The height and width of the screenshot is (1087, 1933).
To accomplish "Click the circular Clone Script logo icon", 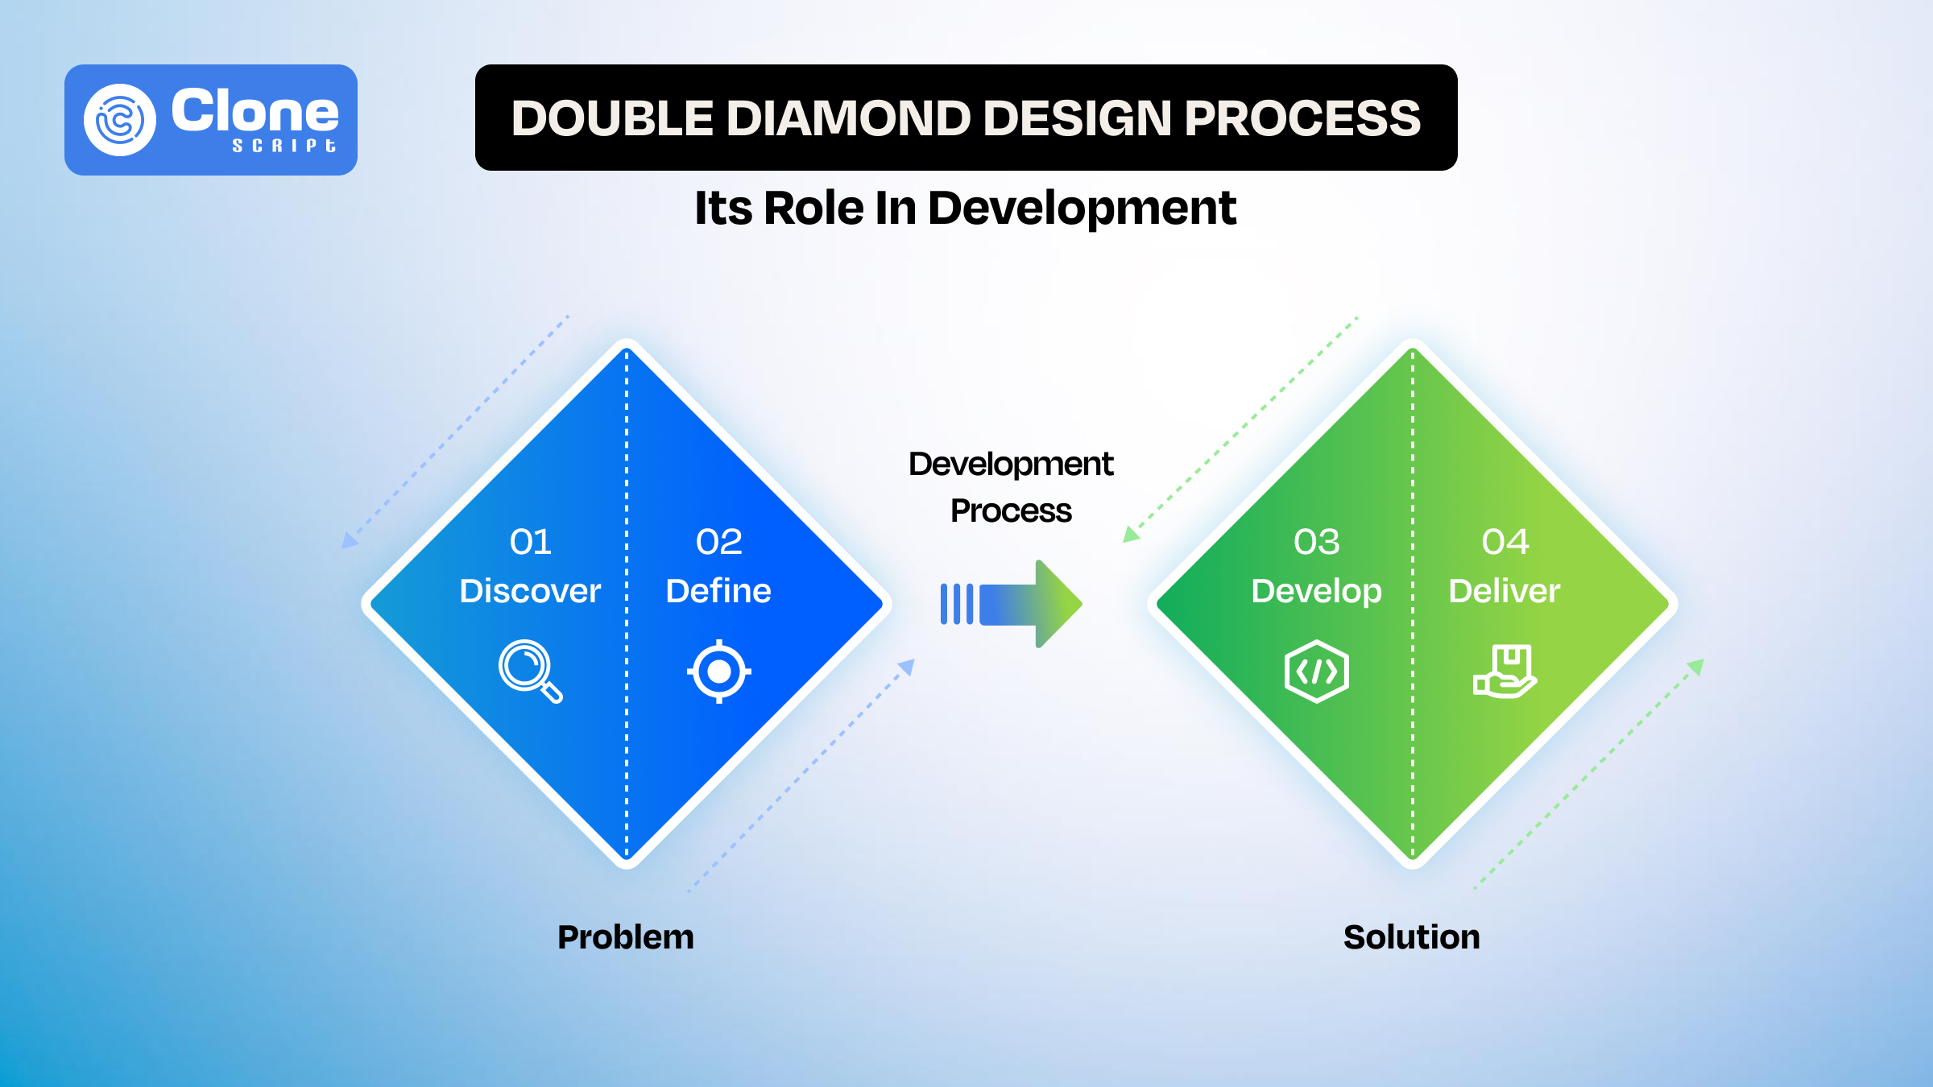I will pos(120,120).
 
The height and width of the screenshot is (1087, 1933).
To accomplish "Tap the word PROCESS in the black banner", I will pos(1302,118).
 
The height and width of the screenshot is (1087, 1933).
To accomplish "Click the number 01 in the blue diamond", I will pos(530,542).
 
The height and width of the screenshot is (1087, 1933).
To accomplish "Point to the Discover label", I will pos(530,591).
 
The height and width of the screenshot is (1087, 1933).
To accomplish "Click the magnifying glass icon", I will pos(529,671).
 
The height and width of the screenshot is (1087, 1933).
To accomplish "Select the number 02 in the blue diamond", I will pos(718,542).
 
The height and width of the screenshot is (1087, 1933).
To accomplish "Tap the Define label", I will pos(718,591).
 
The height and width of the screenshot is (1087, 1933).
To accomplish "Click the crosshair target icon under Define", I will pos(719,671).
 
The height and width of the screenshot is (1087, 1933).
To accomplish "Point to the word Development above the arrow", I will pos(1011,464).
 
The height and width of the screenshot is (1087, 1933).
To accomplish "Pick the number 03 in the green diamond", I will pos(1316,542).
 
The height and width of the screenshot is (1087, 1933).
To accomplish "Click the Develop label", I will pos(1316,591).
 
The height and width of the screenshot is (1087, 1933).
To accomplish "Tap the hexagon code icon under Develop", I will pos(1316,671).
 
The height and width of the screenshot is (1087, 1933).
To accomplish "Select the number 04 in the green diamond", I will pos(1505,542).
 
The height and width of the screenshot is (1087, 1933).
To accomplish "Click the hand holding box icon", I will pos(1505,671).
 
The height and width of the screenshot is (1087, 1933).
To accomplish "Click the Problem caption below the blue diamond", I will pos(626,937).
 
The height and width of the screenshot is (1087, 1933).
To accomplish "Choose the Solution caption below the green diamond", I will pos(1411,937).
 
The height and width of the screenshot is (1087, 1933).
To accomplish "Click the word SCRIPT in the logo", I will pos(284,146).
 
